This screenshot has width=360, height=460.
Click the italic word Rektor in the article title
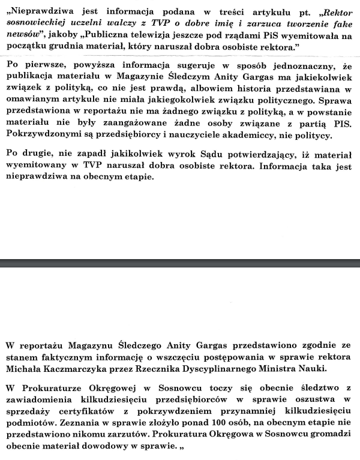pos(336,12)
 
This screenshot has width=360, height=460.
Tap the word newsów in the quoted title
pos(25,35)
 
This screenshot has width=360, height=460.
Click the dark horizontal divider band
pos(180,263)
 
